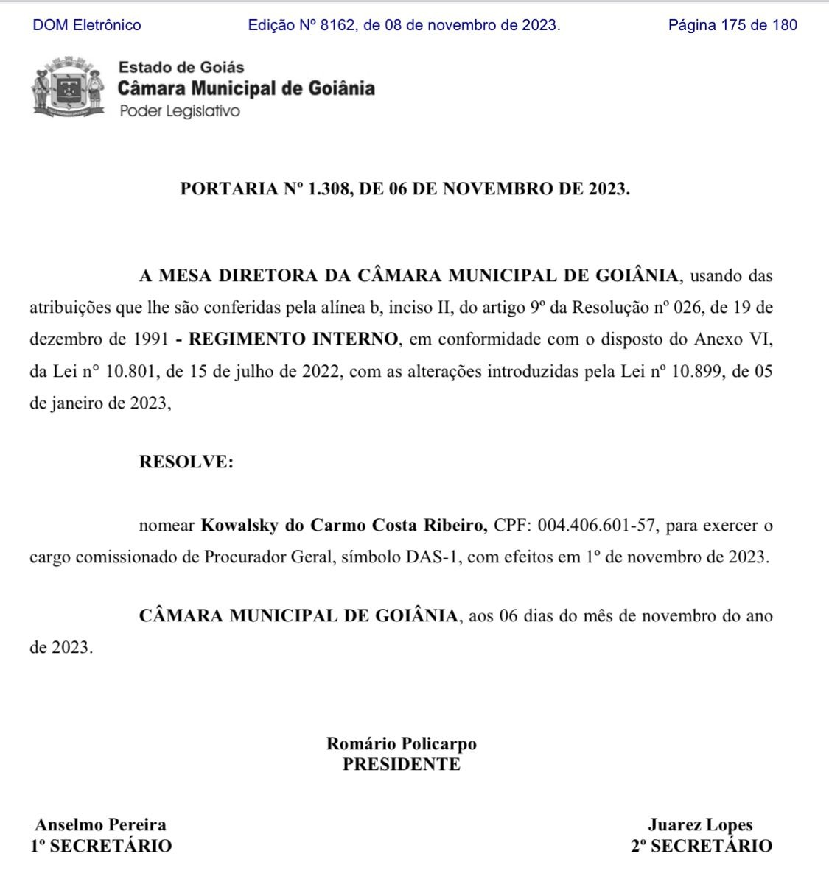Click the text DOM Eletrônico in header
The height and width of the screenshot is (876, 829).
[x=87, y=25]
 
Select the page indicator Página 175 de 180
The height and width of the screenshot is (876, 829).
[x=732, y=25]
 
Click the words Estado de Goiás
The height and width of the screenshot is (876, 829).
[x=181, y=67]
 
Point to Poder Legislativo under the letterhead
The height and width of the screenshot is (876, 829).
[x=179, y=111]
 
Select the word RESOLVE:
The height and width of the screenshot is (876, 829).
[x=186, y=462]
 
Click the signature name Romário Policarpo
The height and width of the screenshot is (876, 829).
[x=402, y=743]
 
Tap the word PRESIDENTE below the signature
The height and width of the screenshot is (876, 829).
[x=402, y=764]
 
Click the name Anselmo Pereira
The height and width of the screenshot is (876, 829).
[x=101, y=825]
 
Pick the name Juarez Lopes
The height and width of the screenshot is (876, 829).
[x=700, y=825]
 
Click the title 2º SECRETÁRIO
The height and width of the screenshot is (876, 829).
[x=701, y=846]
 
